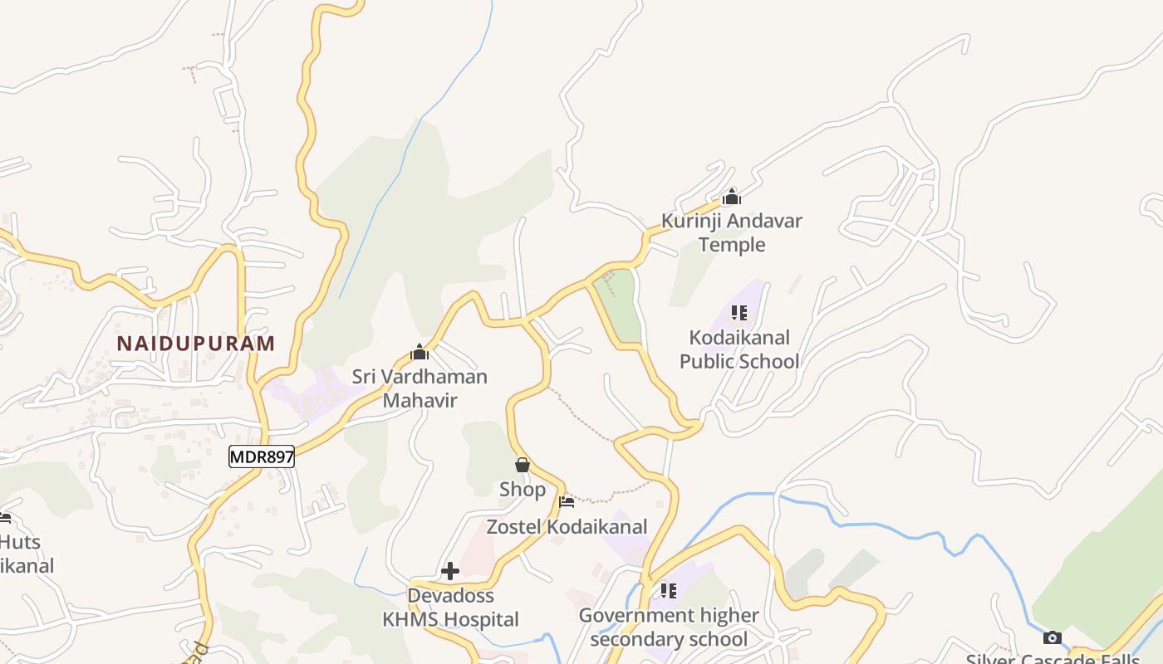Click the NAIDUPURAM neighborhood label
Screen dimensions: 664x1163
[195, 344]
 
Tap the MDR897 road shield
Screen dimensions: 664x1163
[262, 456]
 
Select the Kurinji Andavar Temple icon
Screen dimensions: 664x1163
[732, 198]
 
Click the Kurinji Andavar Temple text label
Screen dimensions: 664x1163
[732, 232]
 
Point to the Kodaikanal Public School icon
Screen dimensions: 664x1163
[739, 313]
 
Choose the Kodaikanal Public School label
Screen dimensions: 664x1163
[739, 349]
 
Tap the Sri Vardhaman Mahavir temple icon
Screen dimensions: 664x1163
[420, 352]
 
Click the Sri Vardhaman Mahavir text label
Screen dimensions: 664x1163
[420, 388]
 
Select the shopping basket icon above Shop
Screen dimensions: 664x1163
[523, 465]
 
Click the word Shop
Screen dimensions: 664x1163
[523, 490]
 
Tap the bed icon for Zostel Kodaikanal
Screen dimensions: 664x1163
[567, 501]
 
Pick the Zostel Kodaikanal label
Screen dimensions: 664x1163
[567, 527]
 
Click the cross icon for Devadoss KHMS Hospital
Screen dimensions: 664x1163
[450, 571]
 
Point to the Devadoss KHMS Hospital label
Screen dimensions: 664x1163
[450, 608]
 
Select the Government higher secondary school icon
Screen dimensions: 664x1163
[669, 591]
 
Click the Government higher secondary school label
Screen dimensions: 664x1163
[669, 627]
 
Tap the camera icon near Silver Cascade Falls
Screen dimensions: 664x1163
[1053, 637]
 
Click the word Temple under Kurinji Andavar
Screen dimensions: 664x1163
[732, 245]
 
